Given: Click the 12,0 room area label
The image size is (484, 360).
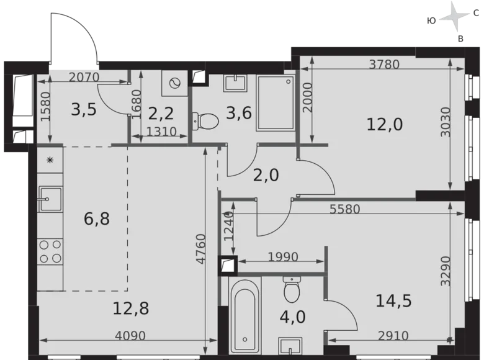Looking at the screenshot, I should point(385,125).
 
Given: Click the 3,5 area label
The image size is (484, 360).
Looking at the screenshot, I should point(83,110).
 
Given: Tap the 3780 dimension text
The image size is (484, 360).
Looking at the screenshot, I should point(383,64).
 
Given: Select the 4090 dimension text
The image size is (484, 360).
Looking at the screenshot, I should point(130,336).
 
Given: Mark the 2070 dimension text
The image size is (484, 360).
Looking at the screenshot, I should point(84,77).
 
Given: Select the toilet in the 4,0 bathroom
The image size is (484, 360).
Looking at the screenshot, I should point(292,288).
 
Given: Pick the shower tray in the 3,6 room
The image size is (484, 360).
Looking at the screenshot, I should point(275,102).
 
